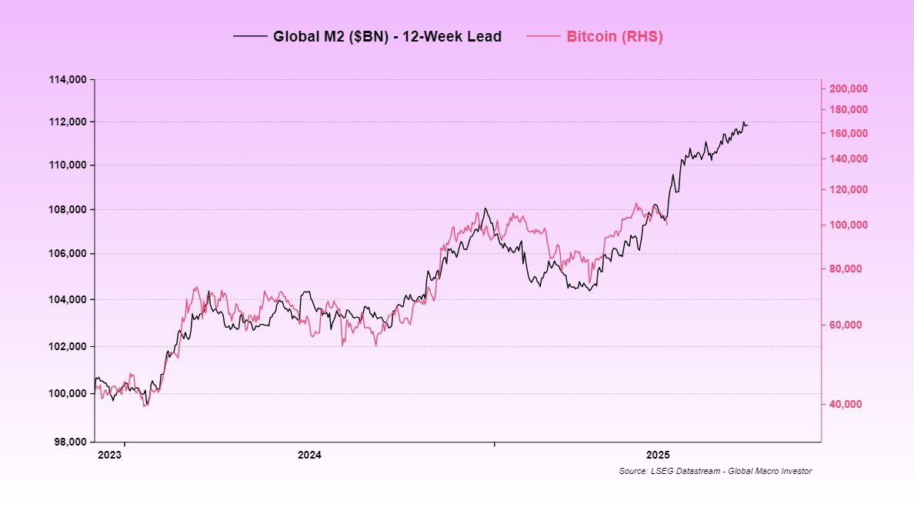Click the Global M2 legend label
387,36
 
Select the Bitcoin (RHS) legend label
615,36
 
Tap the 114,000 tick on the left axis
68,79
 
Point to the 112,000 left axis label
68,122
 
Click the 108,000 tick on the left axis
68,209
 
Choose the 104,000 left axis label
68,299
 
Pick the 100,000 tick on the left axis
68,393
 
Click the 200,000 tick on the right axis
849,88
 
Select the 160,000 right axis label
849,133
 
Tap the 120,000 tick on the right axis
849,189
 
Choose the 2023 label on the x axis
109,455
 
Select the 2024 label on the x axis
309,455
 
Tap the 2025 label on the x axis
659,455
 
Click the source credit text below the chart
715,471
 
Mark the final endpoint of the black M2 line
747,125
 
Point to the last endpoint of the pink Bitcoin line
667,224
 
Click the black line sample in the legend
250,36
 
